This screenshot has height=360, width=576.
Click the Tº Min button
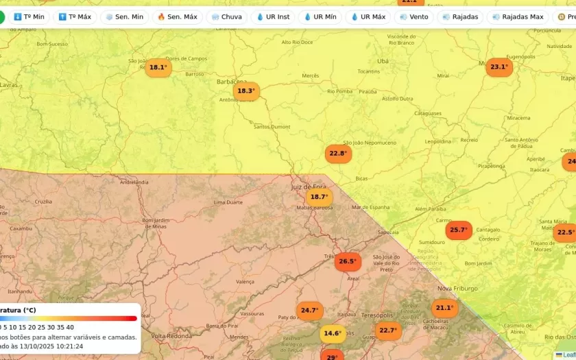(x=29, y=16)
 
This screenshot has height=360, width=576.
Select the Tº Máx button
(x=75, y=16)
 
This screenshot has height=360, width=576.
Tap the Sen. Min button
(x=124, y=16)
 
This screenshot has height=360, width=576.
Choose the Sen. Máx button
(x=177, y=16)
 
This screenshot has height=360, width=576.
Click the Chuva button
(x=226, y=16)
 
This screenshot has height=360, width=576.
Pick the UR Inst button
(x=273, y=16)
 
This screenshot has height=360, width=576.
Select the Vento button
(x=413, y=16)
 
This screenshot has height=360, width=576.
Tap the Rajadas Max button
(x=517, y=16)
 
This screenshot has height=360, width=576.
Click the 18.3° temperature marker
(x=245, y=91)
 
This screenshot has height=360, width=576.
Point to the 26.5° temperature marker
(x=348, y=261)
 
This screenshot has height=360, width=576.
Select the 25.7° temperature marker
(x=458, y=230)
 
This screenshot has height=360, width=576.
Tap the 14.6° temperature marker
(x=333, y=334)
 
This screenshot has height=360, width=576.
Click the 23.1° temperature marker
(x=499, y=67)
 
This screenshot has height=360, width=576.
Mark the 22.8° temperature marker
(x=337, y=154)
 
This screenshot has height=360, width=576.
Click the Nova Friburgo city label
(x=457, y=289)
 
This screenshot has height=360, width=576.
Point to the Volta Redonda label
(x=169, y=336)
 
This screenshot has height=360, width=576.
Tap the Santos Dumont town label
(x=272, y=127)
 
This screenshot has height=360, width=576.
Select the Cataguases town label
(x=428, y=113)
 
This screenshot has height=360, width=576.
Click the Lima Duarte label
(x=229, y=202)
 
